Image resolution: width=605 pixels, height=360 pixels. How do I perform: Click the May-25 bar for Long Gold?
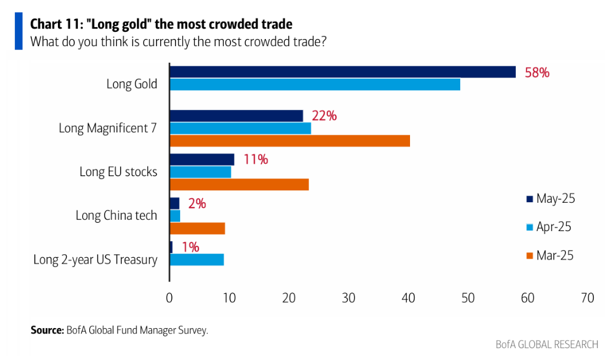[343, 72]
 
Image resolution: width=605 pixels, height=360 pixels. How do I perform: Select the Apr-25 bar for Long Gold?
[315, 85]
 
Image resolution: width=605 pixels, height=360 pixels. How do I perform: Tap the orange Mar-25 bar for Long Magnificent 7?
[290, 141]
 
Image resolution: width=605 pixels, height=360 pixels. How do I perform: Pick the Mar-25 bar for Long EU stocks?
[239, 184]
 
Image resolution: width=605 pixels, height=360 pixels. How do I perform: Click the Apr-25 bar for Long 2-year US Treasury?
[197, 259]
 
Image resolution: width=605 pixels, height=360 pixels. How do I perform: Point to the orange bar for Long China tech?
[197, 228]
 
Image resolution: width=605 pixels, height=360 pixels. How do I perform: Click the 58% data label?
[537, 73]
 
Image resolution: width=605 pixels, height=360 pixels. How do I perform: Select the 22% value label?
[324, 116]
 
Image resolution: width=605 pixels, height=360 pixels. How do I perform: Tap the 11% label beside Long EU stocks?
[255, 159]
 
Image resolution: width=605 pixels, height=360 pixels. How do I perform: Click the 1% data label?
[190, 247]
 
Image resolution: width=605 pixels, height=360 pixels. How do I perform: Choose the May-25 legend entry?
[549, 199]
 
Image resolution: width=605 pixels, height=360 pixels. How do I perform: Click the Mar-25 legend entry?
[549, 255]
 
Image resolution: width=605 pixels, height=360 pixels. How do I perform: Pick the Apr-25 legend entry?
[549, 227]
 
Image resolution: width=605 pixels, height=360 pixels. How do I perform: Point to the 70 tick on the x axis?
[587, 298]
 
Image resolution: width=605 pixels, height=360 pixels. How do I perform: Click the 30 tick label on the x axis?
[349, 298]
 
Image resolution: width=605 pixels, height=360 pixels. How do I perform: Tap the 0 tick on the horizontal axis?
[170, 298]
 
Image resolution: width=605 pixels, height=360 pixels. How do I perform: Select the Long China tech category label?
[116, 215]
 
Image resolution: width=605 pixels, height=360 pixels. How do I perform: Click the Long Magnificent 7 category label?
[108, 128]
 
